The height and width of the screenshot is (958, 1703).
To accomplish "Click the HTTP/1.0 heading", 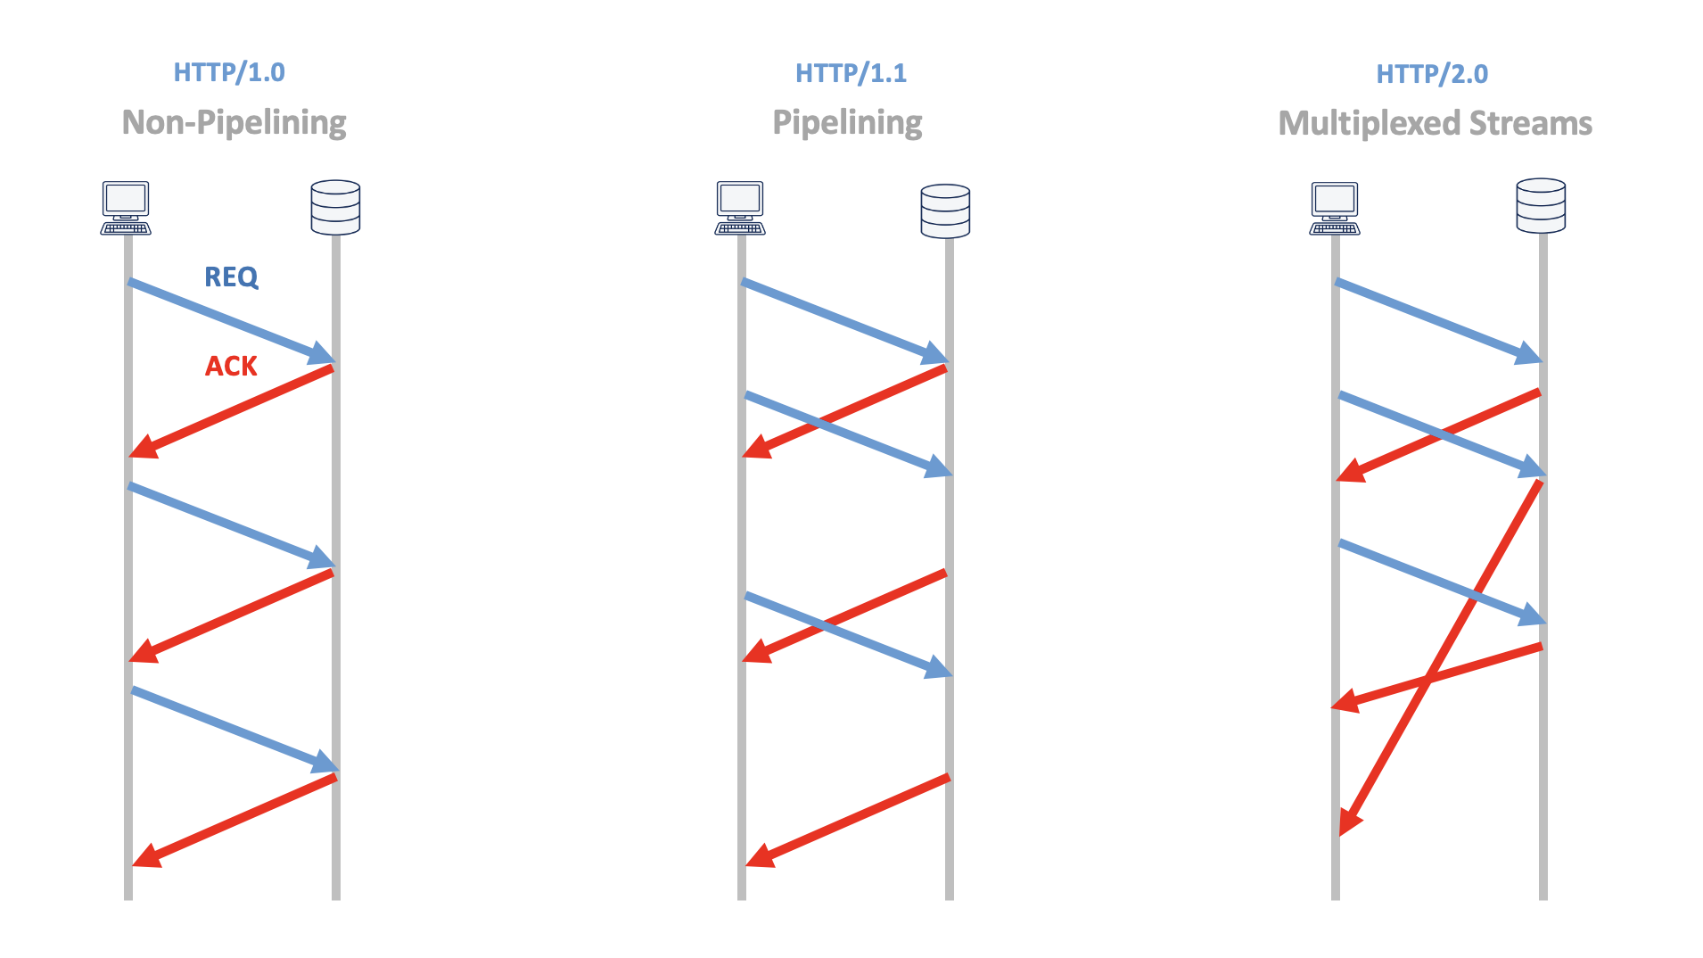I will (229, 72).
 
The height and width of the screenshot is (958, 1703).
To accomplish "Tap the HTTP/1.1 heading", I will (851, 73).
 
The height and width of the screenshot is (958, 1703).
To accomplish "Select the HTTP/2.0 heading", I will (1432, 74).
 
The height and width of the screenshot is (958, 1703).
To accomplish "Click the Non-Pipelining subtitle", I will (234, 122).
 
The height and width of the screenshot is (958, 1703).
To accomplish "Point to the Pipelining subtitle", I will (847, 122).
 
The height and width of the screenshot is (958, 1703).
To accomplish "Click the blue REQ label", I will (231, 277).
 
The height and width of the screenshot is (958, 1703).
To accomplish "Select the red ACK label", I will (231, 366).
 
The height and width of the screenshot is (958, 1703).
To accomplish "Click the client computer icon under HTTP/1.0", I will (126, 208).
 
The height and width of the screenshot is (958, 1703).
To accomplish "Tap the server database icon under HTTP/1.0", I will (335, 208).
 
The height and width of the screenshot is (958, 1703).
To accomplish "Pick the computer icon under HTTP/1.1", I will (740, 208).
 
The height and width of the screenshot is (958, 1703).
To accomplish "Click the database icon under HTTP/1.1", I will (945, 211).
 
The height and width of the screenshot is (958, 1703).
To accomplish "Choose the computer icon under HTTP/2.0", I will (1335, 208).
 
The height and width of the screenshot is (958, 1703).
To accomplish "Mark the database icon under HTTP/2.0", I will (1541, 206).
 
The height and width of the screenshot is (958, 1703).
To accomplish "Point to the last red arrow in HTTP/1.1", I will (847, 821).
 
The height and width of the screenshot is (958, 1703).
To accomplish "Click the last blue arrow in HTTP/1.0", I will (234, 729).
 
